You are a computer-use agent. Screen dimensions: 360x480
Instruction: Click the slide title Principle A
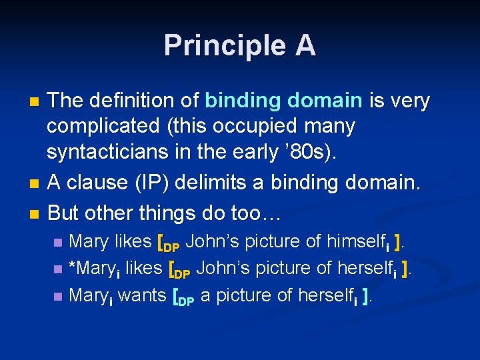click(240, 45)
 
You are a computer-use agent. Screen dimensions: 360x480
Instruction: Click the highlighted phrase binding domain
click(283, 101)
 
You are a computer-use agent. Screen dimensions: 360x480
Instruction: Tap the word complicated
click(101, 125)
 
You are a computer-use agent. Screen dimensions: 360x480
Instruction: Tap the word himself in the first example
click(350, 241)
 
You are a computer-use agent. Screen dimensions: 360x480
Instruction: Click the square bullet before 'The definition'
click(36, 102)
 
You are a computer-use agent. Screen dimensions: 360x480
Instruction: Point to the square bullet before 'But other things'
click(36, 215)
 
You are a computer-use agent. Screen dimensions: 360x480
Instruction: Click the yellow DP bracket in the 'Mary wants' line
click(183, 296)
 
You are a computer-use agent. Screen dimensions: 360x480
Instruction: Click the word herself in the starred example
click(361, 268)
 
